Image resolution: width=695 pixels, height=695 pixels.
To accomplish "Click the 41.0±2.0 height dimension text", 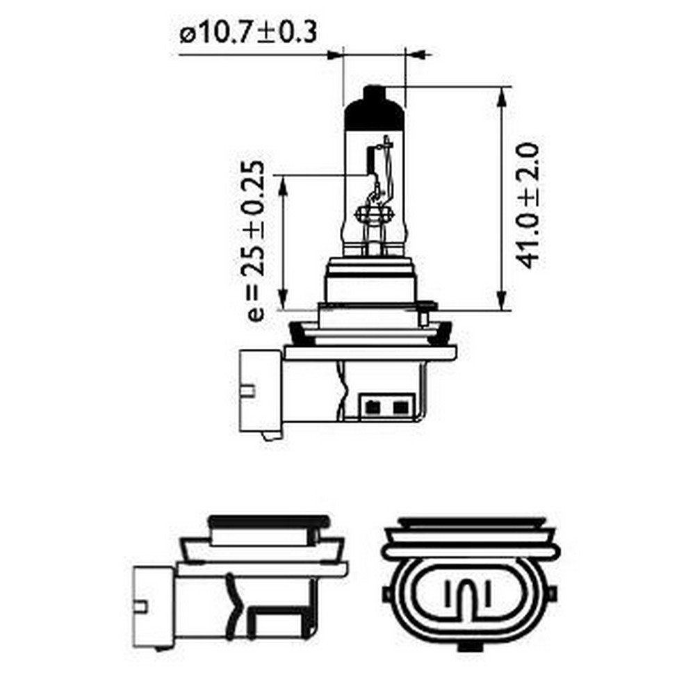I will pyautogui.click(x=529, y=205).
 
